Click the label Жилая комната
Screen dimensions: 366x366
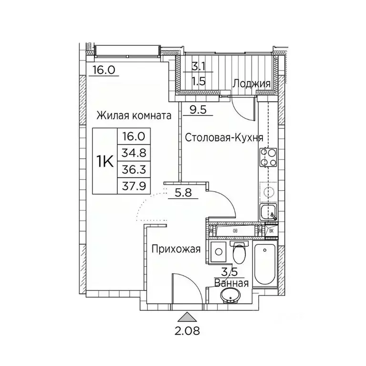(134, 116)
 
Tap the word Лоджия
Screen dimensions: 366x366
(252, 84)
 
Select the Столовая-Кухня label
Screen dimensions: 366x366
(224, 138)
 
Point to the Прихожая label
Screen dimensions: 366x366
(176, 248)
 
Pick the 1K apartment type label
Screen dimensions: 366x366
(104, 162)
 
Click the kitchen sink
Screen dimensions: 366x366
(269, 212)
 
